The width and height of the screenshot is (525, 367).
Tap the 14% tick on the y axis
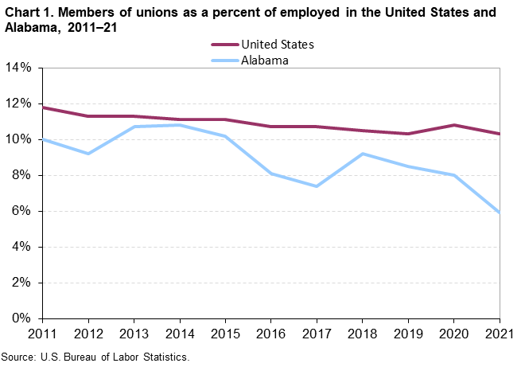click(18, 68)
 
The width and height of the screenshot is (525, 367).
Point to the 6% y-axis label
click(21, 211)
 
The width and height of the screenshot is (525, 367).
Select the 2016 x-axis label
click(271, 333)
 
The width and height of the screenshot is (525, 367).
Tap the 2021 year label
click(499, 333)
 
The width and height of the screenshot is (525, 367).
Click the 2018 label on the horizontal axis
click(363, 333)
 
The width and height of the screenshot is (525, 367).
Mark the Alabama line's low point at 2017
click(317, 186)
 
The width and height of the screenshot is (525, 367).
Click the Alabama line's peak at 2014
click(180, 125)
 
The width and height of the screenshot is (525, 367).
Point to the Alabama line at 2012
click(88, 154)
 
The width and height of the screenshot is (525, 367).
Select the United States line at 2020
click(453, 125)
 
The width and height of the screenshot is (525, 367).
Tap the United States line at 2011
click(43, 107)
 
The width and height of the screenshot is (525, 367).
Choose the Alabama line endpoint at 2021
click(499, 213)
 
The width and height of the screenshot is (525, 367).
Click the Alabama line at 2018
click(363, 154)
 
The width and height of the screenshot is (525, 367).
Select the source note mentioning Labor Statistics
click(95, 357)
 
